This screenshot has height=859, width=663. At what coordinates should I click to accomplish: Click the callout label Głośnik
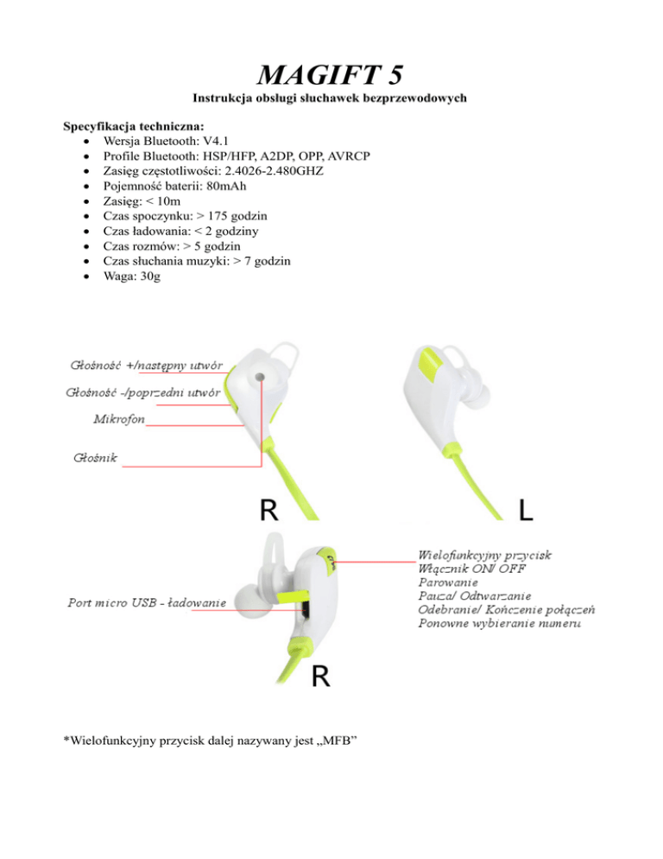coord(95,457)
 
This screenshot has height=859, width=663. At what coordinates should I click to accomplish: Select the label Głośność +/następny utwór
coord(148,366)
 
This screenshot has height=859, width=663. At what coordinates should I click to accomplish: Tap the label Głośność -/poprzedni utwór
coord(142,393)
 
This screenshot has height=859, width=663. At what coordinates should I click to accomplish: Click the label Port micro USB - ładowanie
coord(147,601)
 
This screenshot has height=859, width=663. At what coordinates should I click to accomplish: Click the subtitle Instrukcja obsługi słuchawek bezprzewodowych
coord(332,99)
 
